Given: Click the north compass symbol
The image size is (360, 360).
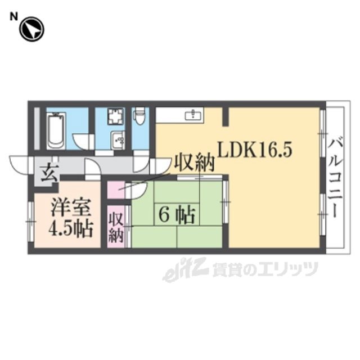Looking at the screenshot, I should click(x=31, y=29).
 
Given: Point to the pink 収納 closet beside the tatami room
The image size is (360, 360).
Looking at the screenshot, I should click(x=116, y=227).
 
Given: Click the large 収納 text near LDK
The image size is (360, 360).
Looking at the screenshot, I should click(x=194, y=163).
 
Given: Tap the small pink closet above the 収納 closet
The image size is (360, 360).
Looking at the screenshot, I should click(x=116, y=190).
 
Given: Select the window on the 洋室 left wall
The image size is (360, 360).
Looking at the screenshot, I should click(x=31, y=222).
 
